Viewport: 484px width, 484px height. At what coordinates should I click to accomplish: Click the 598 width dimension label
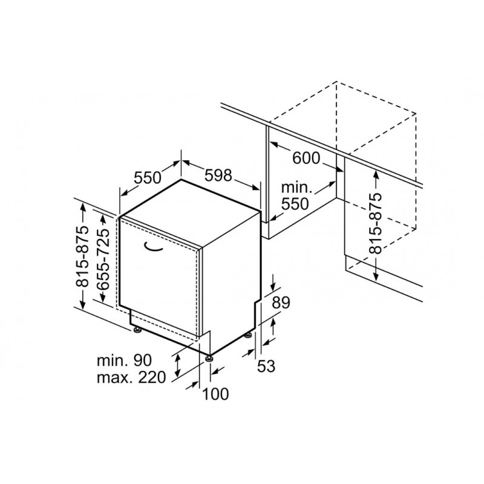[x=218, y=175]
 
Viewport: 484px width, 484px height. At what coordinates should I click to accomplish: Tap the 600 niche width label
[x=306, y=159]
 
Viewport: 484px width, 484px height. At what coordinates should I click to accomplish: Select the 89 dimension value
[x=281, y=303]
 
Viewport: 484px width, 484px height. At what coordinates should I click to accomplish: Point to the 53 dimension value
[x=266, y=367]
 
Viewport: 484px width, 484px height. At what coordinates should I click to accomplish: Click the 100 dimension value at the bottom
[x=215, y=394]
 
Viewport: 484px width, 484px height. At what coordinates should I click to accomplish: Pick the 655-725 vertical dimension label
[x=103, y=260]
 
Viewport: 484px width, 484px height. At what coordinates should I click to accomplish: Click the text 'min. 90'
[x=125, y=360]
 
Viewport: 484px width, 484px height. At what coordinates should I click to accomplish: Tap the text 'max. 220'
[x=131, y=377]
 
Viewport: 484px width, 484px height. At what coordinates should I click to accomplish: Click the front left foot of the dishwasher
[x=136, y=330]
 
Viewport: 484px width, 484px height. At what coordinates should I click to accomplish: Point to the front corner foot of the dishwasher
[x=209, y=358]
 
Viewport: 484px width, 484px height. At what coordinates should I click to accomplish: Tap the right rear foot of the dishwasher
[x=249, y=335]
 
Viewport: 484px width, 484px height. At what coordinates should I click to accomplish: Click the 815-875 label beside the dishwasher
[x=82, y=257]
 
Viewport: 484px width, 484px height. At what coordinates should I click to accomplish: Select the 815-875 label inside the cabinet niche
[x=375, y=223]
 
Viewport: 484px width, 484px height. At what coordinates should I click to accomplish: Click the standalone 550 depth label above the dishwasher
[x=148, y=177]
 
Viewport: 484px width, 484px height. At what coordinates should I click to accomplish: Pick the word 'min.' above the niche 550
[x=295, y=188]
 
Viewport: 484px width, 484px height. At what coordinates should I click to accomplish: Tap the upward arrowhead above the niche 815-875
[x=376, y=175]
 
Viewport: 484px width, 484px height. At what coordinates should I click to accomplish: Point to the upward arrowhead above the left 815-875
[x=82, y=207]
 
